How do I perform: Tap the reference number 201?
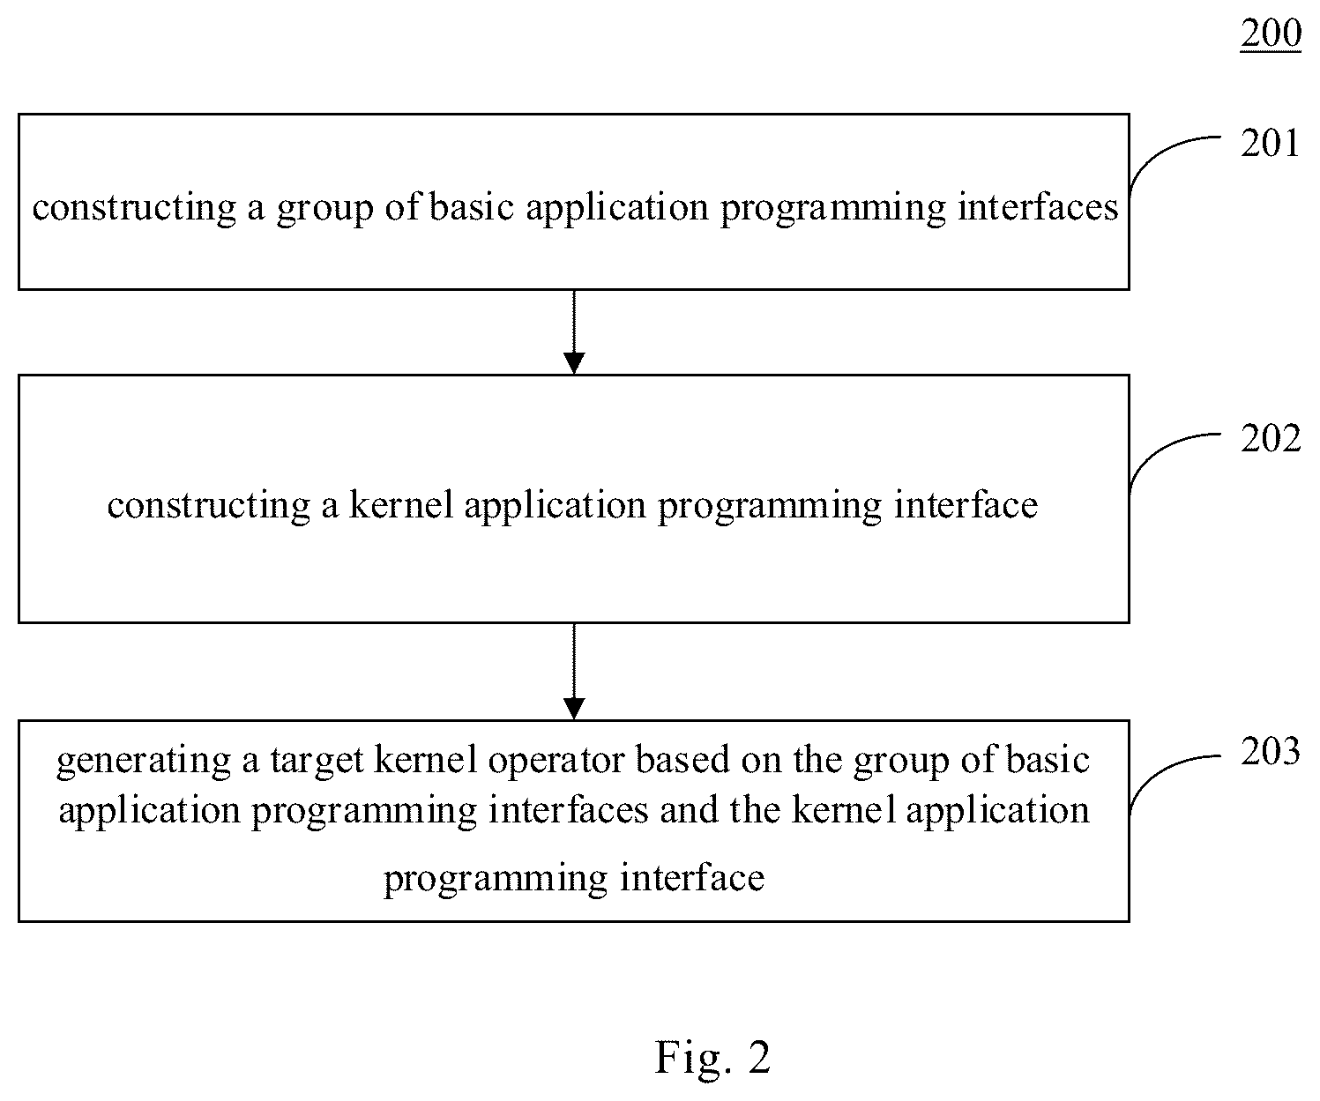pyautogui.click(x=1270, y=143)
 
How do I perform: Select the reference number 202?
pyautogui.click(x=1270, y=438)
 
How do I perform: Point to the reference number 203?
pyautogui.click(x=1270, y=752)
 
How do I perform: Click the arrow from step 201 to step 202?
pyautogui.click(x=574, y=332)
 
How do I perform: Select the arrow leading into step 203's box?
pyautogui.click(x=574, y=671)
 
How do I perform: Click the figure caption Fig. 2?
pyautogui.click(x=712, y=1057)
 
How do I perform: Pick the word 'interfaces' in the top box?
pyautogui.click(x=1038, y=206)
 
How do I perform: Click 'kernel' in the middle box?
pyautogui.click(x=401, y=504)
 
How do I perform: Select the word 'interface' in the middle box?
pyautogui.click(x=966, y=504)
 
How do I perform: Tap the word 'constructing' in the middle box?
pyautogui.click(x=209, y=506)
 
